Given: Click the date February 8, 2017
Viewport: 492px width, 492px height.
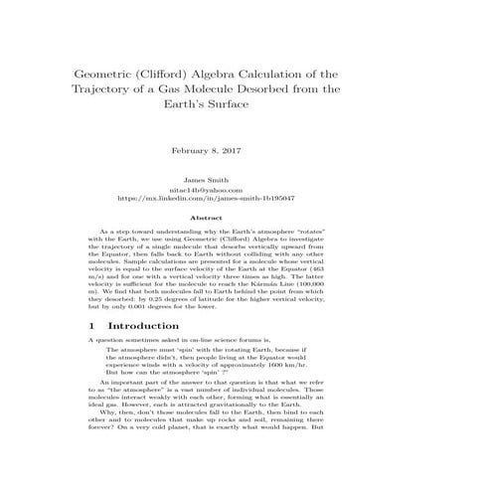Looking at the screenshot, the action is tap(207, 149).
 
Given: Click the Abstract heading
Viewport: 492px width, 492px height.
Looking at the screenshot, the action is tap(206, 217).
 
